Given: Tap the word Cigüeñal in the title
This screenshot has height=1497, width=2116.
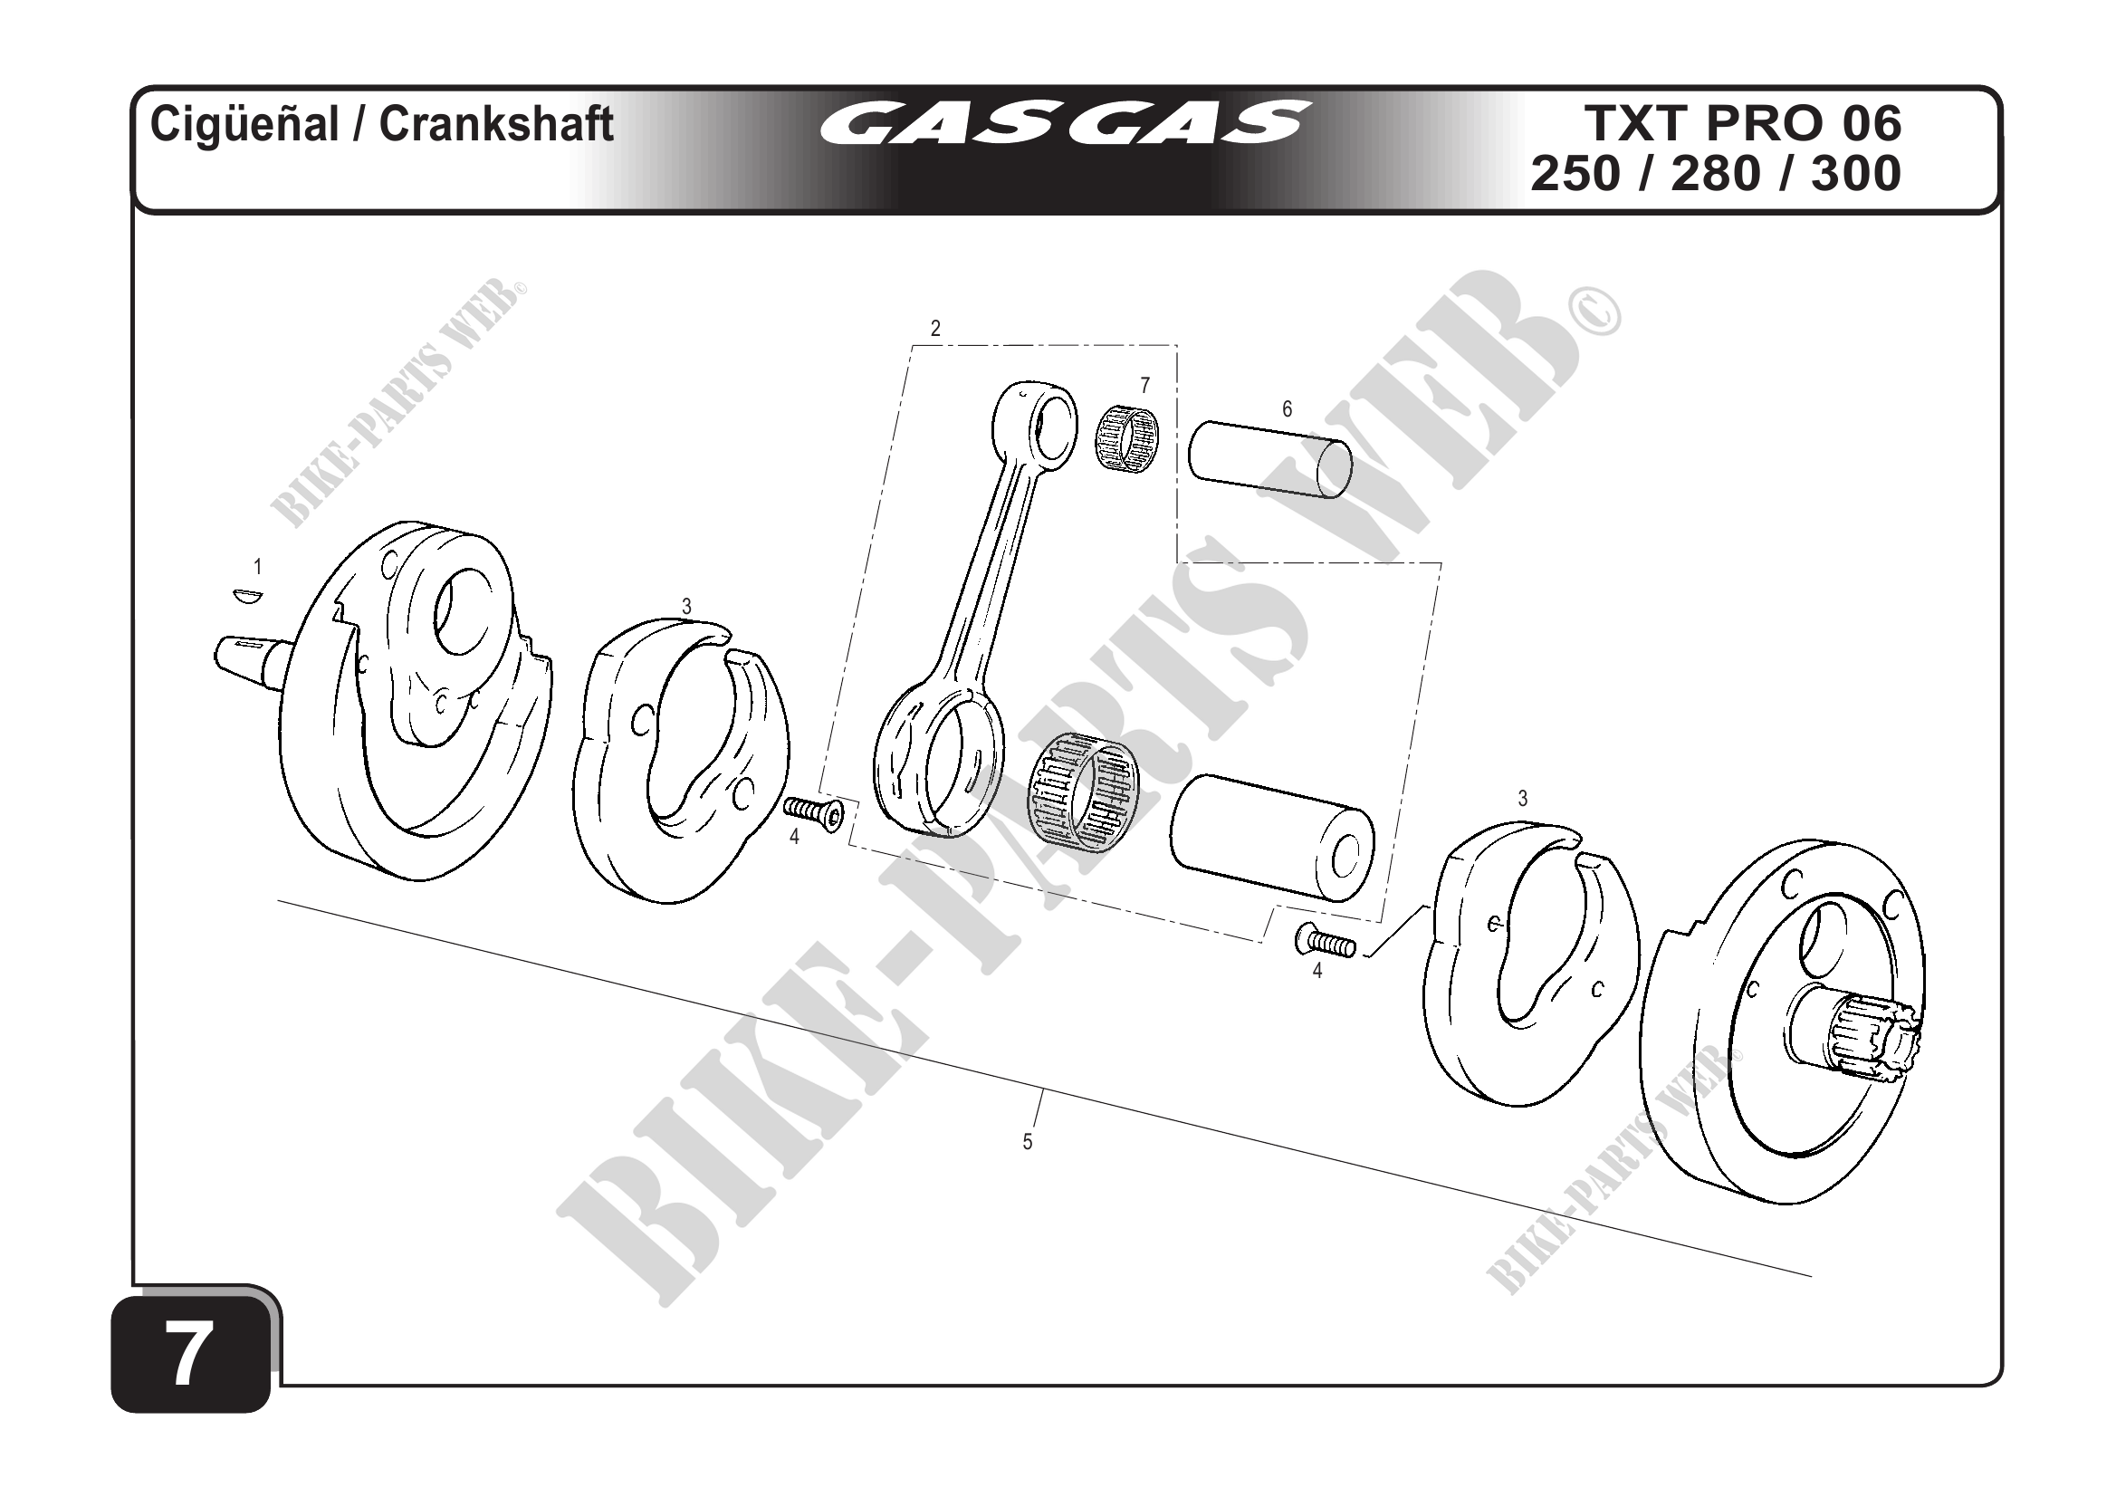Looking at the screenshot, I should click(x=244, y=123).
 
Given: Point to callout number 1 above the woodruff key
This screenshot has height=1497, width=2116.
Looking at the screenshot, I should click(x=258, y=567).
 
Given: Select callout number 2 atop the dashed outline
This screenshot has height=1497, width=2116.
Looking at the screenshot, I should click(x=935, y=328).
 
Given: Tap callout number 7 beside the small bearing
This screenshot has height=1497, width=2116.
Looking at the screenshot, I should click(x=1144, y=386).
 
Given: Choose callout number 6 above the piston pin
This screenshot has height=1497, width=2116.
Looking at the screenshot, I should click(x=1288, y=408).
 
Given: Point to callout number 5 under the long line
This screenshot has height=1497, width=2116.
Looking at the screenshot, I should click(x=1027, y=1142).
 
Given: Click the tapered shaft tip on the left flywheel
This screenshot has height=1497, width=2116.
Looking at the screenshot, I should click(x=242, y=658).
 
